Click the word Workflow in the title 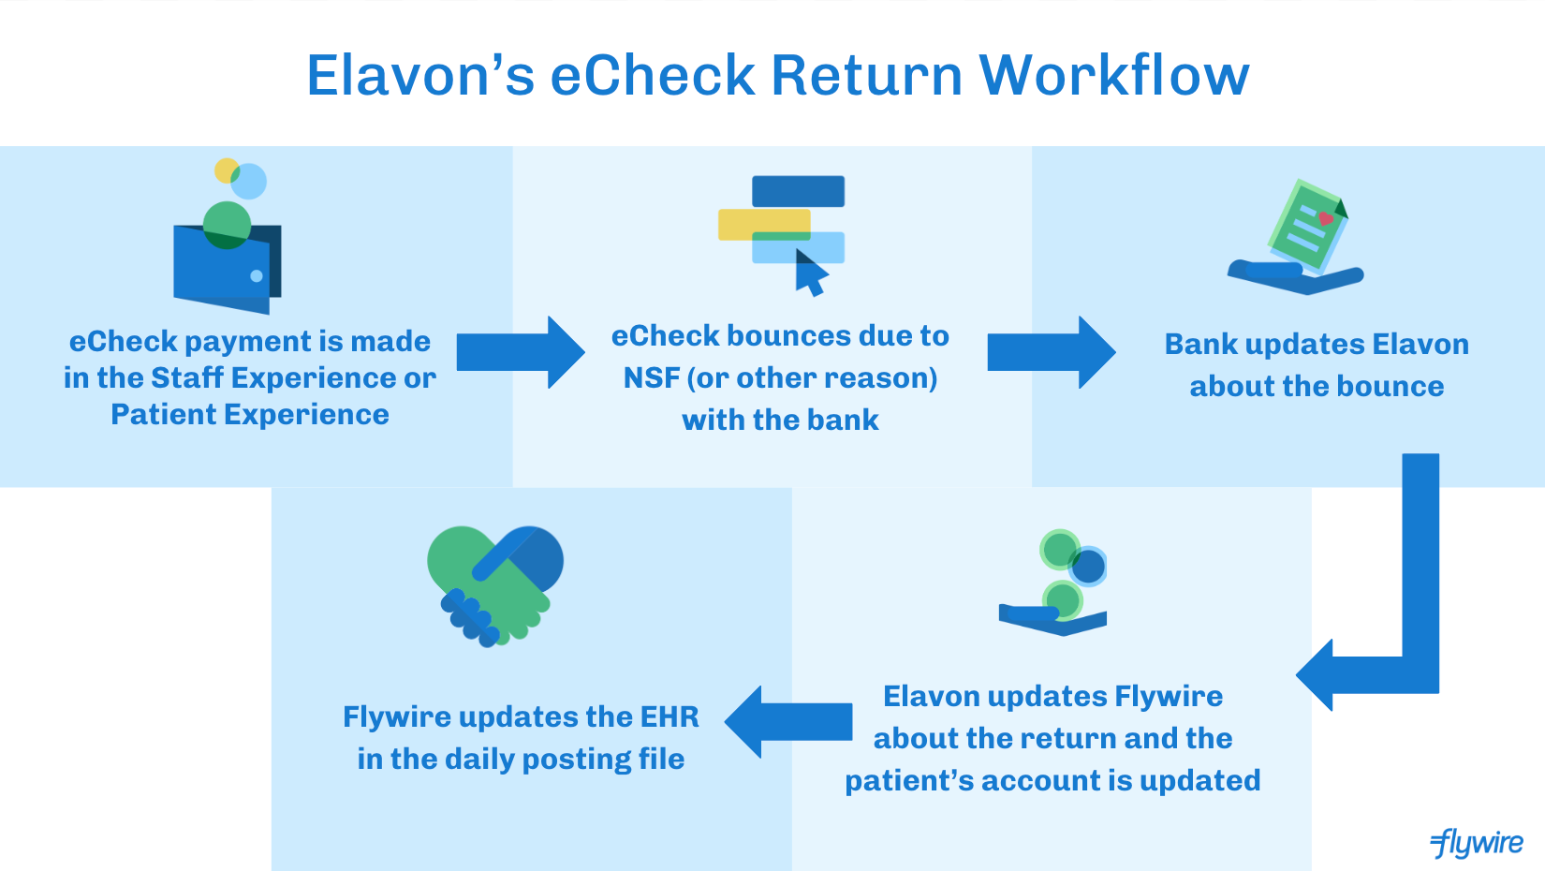pos(1113,75)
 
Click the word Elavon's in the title pos(420,75)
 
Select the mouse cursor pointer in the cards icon pos(810,273)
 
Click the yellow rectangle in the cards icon pos(749,225)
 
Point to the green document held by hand pos(1307,225)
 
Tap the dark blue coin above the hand pos(1088,566)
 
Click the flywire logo pos(1477,843)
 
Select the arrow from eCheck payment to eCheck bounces pos(521,352)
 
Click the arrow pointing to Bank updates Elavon pos(1051,352)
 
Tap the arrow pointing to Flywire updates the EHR pos(788,721)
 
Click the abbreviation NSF pos(652,378)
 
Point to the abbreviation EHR pos(669,717)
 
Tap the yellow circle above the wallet pos(226,170)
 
